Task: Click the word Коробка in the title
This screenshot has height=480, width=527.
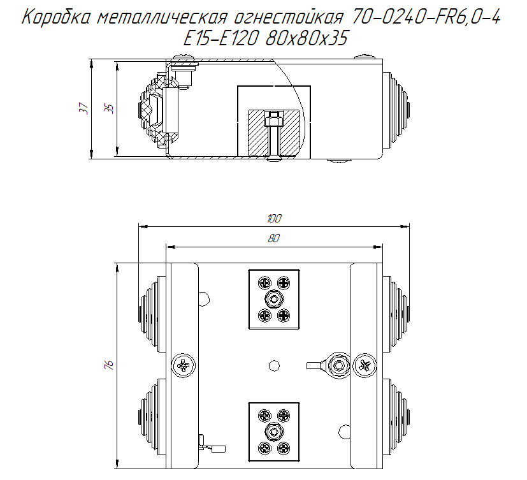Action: [57, 18]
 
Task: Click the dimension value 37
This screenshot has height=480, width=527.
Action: [83, 109]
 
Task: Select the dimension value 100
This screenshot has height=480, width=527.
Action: [274, 219]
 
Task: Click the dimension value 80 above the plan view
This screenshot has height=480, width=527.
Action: [274, 238]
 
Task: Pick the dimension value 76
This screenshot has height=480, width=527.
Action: [109, 365]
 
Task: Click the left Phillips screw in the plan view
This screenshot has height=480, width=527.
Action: [182, 365]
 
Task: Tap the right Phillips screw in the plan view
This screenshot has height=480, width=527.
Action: [365, 365]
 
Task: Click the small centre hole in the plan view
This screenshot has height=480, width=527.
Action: [274, 365]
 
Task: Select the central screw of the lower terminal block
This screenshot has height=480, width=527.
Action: [274, 432]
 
